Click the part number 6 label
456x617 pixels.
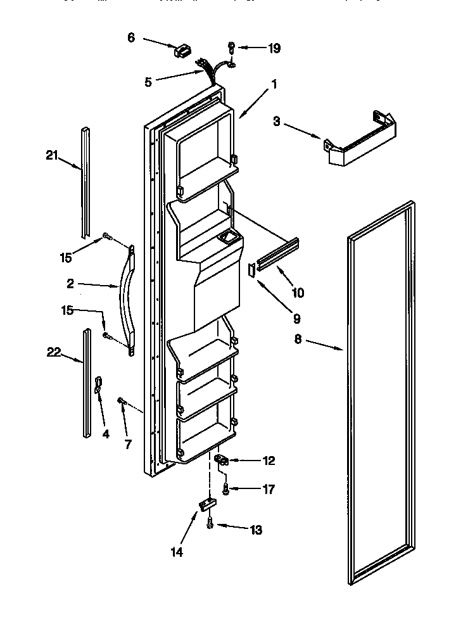(x=131, y=37)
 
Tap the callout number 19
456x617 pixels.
(x=274, y=48)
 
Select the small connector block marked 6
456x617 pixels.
(x=182, y=50)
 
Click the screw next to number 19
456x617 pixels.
(x=232, y=47)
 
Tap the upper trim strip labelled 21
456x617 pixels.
(x=84, y=178)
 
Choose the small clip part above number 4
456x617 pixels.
(x=99, y=384)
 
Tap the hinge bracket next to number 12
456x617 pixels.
(x=222, y=461)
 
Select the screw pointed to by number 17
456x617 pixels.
(x=227, y=488)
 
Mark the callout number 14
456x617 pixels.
(x=177, y=552)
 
